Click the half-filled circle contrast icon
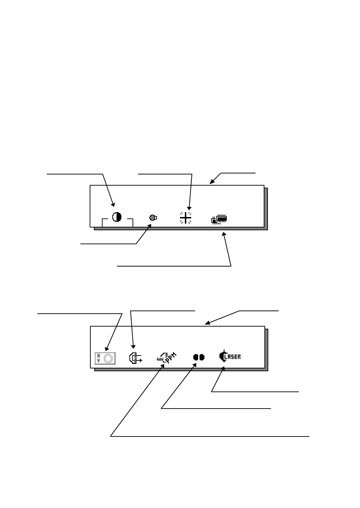pyautogui.click(x=117, y=217)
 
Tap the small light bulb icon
pyautogui.click(x=153, y=218)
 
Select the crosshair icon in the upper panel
pyautogui.click(x=186, y=217)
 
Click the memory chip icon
pyautogui.click(x=219, y=219)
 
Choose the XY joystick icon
pyautogui.click(x=105, y=358)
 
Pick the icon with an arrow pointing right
pyautogui.click(x=135, y=358)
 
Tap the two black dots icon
pyautogui.click(x=199, y=357)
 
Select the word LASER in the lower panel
pyautogui.click(x=233, y=357)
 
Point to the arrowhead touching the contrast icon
pyautogui.click(x=112, y=205)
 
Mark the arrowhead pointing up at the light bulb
pyautogui.click(x=150, y=226)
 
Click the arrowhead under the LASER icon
pyautogui.click(x=223, y=369)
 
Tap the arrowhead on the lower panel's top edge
pyautogui.click(x=207, y=323)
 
